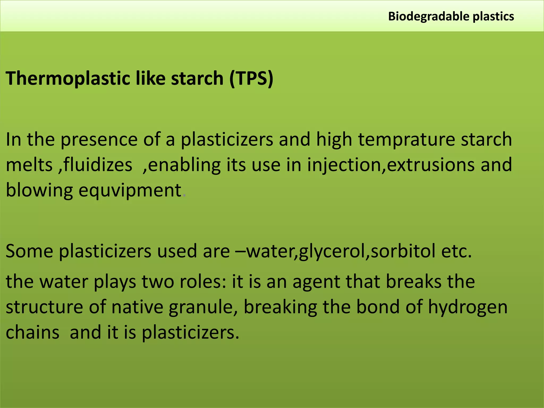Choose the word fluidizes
point(98,165)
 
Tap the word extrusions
point(431,165)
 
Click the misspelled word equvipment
point(130,190)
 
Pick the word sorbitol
point(403,251)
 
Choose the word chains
point(32,333)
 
